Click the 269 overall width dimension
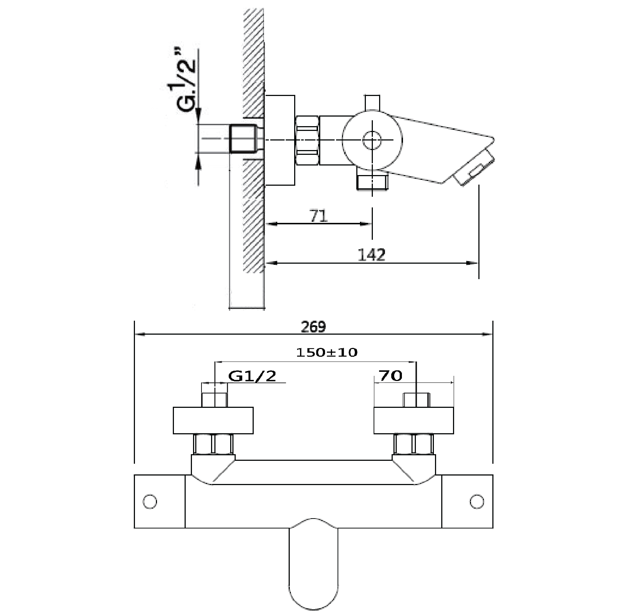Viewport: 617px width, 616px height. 313,327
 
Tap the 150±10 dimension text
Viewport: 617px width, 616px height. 327,353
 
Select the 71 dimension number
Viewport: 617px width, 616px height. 318,216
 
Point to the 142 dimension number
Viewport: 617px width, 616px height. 371,254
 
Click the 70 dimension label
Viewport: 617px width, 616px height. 390,376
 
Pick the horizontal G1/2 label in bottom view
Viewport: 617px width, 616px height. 252,376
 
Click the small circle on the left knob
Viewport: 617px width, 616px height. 150,502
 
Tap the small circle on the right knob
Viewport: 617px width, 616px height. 477,502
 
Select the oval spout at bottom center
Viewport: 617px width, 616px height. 313,566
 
